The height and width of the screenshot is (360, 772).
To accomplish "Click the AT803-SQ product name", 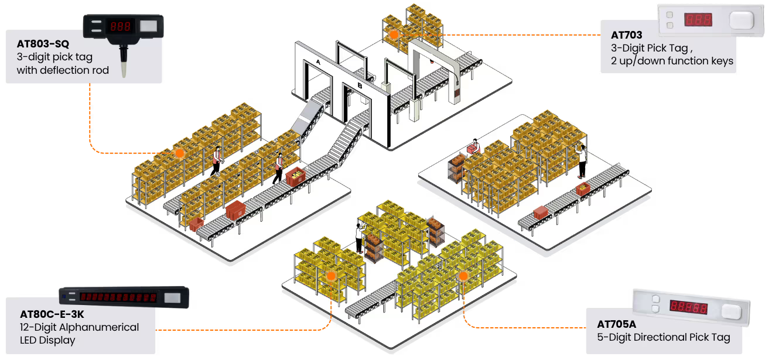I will point(43,44).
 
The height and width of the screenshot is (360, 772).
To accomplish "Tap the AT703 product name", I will point(626,35).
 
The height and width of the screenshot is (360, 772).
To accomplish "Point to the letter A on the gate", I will point(318,61).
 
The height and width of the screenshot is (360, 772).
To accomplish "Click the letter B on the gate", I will point(359,88).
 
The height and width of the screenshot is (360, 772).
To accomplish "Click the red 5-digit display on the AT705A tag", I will point(688,307).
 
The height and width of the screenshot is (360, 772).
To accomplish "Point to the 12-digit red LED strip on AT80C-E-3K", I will point(118,297).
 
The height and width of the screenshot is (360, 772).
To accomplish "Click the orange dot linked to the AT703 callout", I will point(394,35).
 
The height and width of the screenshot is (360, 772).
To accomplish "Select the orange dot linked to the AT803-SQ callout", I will point(179,153).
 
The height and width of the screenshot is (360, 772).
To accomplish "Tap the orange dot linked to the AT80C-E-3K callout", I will point(331,276).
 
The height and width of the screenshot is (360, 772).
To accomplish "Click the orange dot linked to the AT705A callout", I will point(463,275).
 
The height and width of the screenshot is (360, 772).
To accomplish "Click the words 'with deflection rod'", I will point(63,70).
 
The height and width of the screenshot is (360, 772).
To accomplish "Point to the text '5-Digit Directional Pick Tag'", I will point(664,337).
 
